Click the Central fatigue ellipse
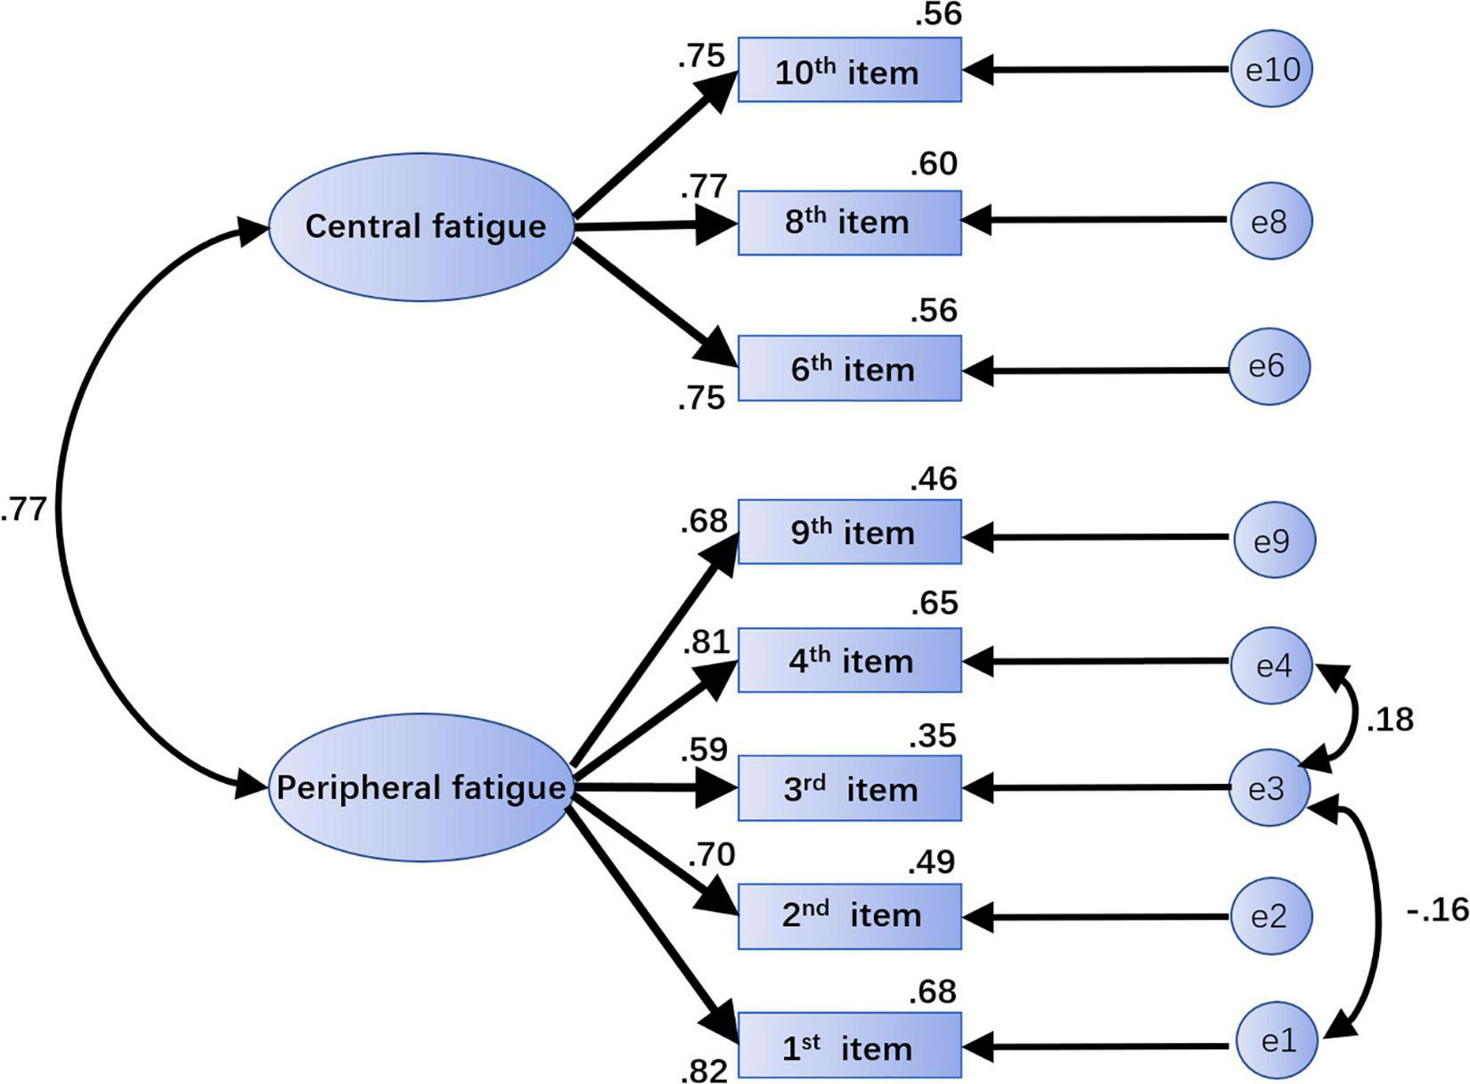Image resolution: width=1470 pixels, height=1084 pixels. tap(421, 226)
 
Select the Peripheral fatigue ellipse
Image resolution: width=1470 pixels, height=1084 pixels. tap(421, 787)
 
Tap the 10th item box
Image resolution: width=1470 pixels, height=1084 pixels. tap(849, 70)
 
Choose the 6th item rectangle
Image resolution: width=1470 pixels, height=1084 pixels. tap(849, 368)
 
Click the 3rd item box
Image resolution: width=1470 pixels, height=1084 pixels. tap(849, 788)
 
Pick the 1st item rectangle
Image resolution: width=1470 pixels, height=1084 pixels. tap(849, 1046)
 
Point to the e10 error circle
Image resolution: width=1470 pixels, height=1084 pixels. tap(1271, 69)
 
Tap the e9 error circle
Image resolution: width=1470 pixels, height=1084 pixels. tap(1274, 539)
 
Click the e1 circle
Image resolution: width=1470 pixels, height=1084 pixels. tap(1278, 1039)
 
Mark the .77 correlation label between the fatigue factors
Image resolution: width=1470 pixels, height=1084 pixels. tap(24, 510)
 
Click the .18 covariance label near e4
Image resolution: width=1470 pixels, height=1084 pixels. tap(1389, 719)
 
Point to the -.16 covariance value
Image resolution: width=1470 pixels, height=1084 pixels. tap(1437, 910)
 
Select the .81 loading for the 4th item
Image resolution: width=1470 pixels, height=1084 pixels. tap(706, 642)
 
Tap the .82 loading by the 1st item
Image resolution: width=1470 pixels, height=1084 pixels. tap(704, 1069)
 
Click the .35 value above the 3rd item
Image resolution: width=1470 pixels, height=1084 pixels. tap(933, 737)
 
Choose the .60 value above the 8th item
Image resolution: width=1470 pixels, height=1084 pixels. tap(934, 164)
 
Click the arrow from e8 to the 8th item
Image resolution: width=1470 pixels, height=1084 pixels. tap(1096, 219)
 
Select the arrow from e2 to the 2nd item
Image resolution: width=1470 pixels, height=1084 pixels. tap(1096, 915)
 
